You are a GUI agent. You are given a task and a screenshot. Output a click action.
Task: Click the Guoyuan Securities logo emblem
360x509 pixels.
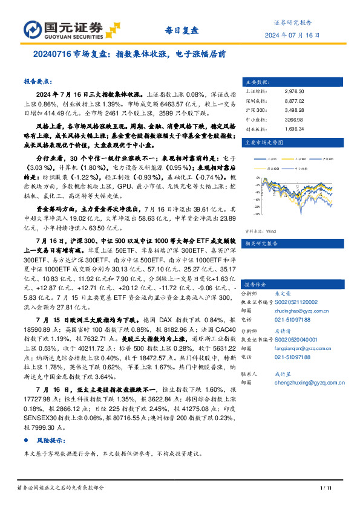(33, 28)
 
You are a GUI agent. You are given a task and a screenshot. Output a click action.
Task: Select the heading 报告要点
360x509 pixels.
(38, 81)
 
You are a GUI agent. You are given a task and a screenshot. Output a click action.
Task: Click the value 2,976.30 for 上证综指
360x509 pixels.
(294, 91)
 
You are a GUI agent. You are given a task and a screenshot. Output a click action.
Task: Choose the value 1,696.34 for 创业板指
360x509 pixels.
(294, 129)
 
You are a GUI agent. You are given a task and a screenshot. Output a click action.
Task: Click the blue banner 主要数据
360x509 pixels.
(256, 81)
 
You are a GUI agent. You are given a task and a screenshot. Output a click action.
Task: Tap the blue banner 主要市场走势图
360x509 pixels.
(262, 143)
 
